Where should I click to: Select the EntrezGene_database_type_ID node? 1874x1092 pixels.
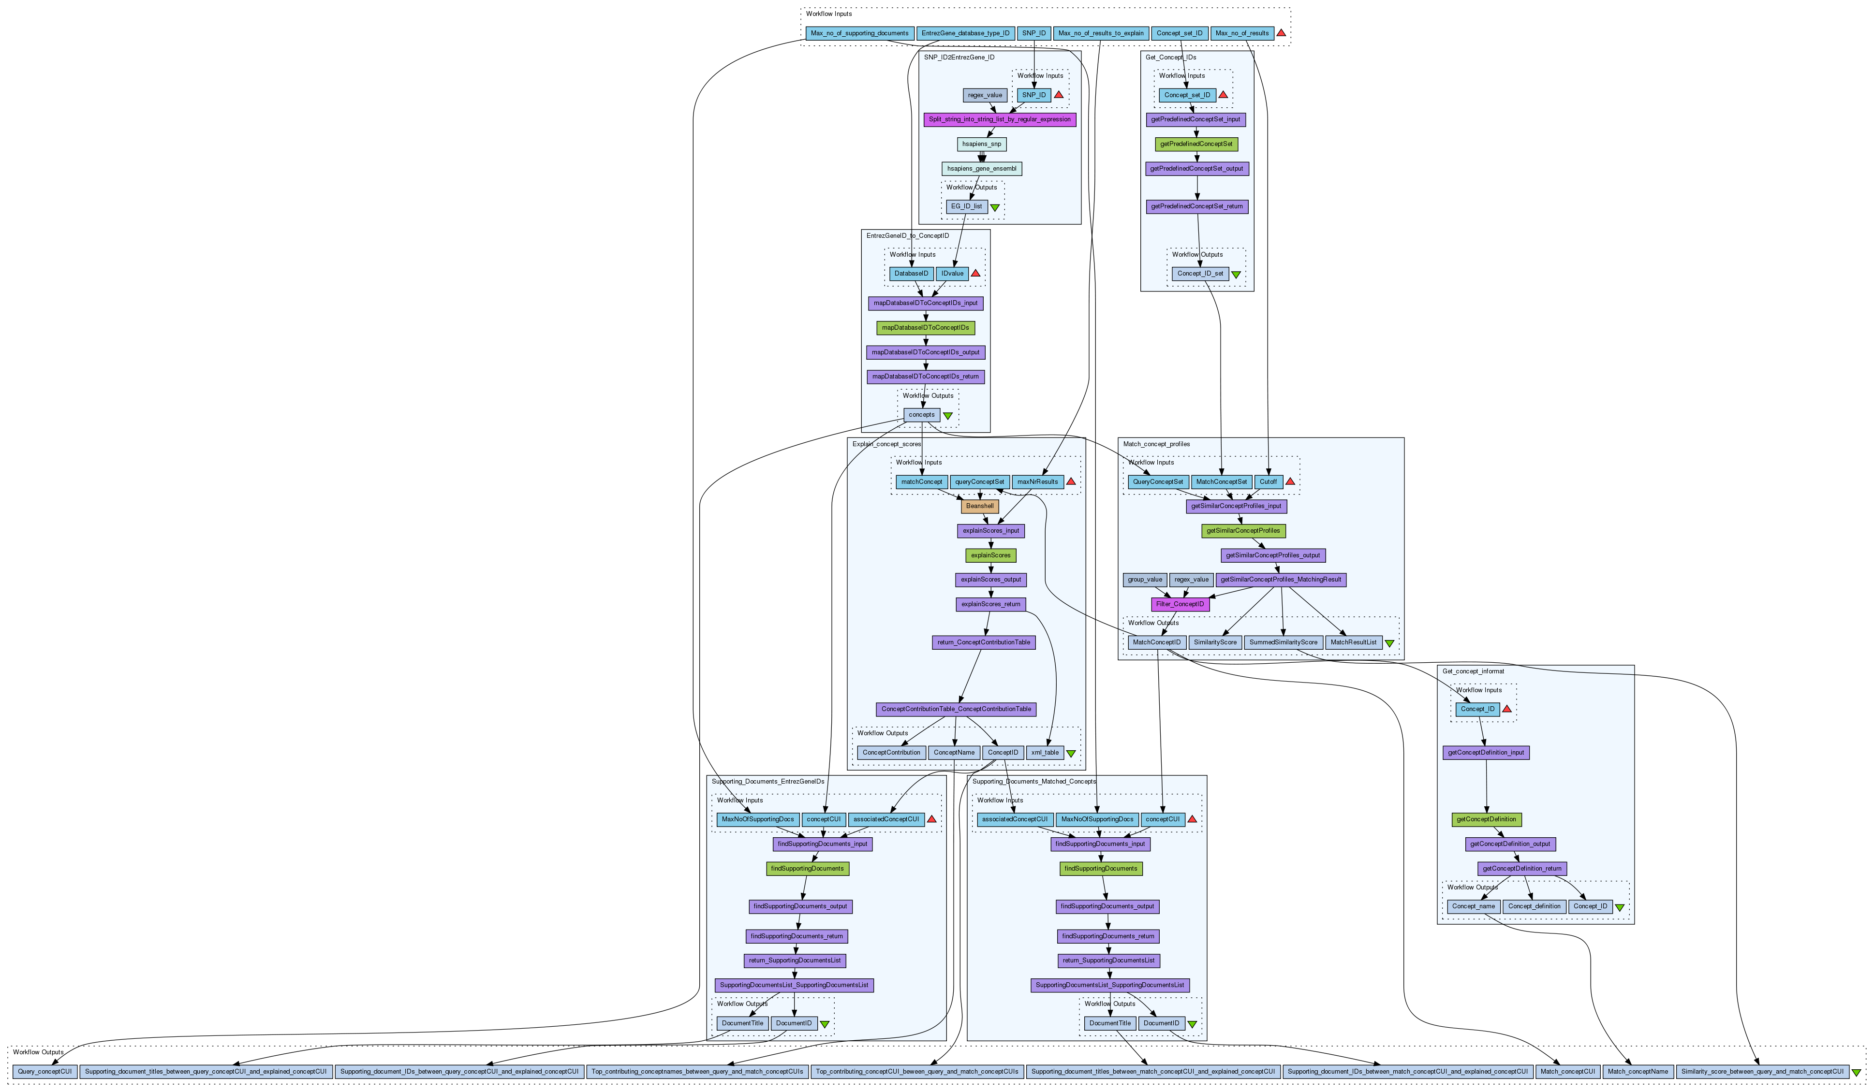pos(965,33)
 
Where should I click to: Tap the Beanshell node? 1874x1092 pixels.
pos(979,506)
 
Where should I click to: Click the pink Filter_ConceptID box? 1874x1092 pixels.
pos(1180,604)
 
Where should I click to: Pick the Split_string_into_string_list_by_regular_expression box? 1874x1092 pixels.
pos(1000,120)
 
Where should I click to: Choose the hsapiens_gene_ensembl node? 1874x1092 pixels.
pos(982,169)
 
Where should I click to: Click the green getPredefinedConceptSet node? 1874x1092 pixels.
pos(1196,144)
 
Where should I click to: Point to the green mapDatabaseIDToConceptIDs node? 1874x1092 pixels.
pos(925,328)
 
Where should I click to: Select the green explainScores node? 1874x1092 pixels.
pos(990,555)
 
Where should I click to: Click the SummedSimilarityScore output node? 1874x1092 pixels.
pos(1283,642)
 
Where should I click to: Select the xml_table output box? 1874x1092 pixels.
pos(1044,753)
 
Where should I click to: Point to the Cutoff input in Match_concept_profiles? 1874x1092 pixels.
pos(1268,481)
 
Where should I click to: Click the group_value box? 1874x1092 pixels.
pos(1145,580)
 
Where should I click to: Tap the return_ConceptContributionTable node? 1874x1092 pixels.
pos(983,642)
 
